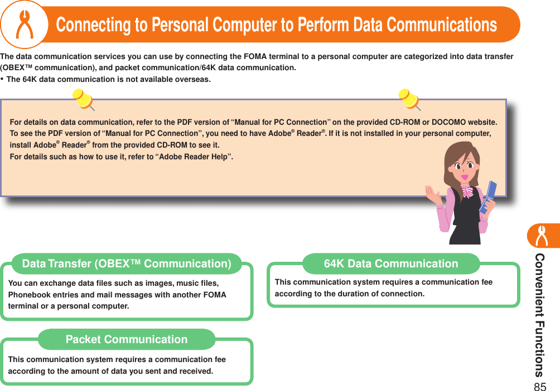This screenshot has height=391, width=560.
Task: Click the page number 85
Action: point(539,386)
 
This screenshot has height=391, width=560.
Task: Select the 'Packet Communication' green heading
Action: point(127,339)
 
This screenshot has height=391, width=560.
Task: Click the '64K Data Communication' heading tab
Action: point(391,263)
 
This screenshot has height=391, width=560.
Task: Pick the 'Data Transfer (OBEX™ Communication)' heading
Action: point(126,263)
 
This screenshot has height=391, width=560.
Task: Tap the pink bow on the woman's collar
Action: point(467,193)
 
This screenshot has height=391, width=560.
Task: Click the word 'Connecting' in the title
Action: point(91,25)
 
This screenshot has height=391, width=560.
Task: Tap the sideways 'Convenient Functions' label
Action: point(539,315)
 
